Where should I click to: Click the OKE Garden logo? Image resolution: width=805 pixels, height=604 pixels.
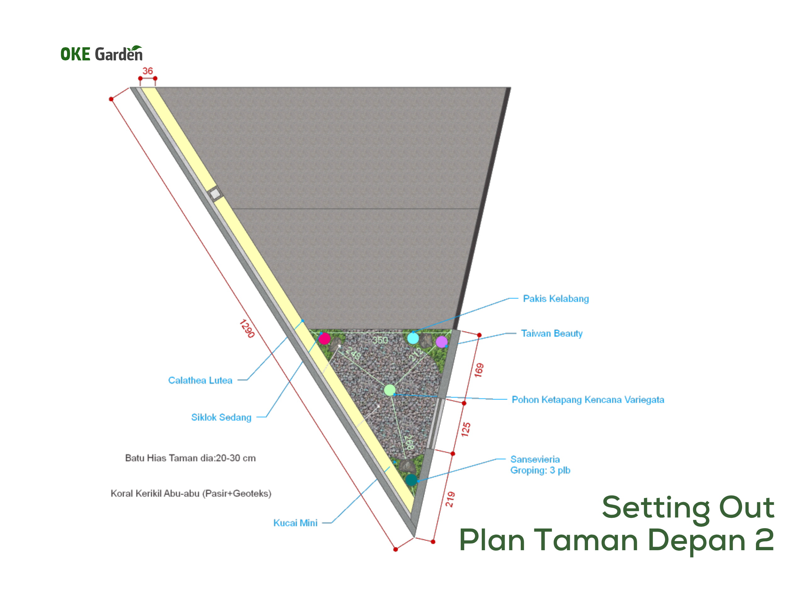(x=102, y=53)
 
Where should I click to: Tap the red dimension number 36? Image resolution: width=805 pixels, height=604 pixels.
(x=147, y=71)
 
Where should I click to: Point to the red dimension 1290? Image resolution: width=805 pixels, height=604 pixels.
(x=247, y=328)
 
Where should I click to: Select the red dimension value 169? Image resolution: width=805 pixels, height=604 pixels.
(x=479, y=370)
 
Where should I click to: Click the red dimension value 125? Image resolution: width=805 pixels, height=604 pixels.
(x=466, y=430)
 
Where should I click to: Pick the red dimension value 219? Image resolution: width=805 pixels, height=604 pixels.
(x=450, y=499)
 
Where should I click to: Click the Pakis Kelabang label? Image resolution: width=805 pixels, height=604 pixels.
(x=556, y=299)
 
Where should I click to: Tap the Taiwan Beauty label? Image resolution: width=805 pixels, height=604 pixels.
(x=552, y=333)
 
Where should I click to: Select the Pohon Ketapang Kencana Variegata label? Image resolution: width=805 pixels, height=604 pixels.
(x=588, y=400)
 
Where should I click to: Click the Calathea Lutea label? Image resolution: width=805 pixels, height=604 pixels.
(x=200, y=380)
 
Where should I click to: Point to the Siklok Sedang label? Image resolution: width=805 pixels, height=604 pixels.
(x=221, y=417)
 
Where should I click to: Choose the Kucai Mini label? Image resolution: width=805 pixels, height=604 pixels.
(x=295, y=523)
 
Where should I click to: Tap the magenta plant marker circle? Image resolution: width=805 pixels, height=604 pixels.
(x=324, y=338)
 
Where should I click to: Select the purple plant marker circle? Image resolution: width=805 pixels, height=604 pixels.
(x=441, y=342)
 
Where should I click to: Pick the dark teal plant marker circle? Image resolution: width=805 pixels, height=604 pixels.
(x=411, y=480)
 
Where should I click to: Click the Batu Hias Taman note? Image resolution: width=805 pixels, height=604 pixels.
(x=190, y=458)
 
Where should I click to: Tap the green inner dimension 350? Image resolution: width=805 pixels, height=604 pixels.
(x=380, y=340)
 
